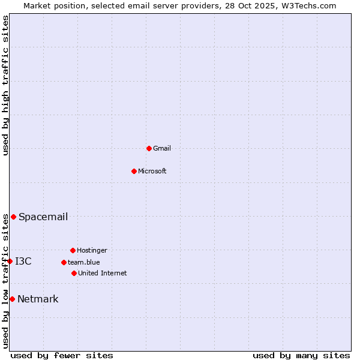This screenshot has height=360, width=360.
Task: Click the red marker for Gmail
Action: point(149,148)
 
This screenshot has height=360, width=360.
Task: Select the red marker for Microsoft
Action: point(134,171)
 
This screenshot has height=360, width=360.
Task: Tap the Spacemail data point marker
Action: point(13,217)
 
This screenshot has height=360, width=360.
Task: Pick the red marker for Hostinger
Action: point(73,250)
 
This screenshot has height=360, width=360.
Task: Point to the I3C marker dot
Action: point(10,261)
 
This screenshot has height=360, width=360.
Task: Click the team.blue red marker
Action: point(64,262)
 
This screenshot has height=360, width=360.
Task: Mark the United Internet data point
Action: point(74,273)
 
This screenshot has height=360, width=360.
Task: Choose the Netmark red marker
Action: point(12,299)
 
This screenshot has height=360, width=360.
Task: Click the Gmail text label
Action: point(162,148)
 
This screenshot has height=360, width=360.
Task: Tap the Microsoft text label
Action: point(152,171)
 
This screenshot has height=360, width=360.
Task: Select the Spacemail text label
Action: point(43,217)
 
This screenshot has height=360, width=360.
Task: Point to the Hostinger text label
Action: point(92,250)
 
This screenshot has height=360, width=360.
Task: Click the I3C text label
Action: point(23,261)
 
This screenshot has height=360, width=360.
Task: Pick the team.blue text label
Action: point(84,262)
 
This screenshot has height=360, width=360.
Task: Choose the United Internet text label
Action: point(103,273)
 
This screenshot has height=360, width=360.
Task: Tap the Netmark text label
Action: point(38,299)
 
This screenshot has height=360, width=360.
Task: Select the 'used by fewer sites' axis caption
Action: point(62,355)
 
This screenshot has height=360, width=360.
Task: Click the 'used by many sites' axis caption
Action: point(301,355)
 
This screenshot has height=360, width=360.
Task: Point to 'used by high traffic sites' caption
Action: point(5,85)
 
